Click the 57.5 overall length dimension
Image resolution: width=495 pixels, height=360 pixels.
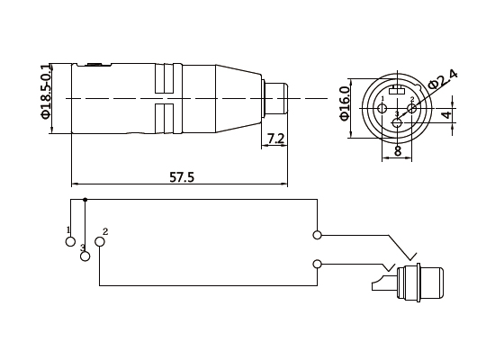(x=182, y=177)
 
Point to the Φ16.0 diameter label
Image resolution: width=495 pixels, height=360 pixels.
(x=345, y=102)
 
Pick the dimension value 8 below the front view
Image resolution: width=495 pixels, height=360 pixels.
(x=397, y=152)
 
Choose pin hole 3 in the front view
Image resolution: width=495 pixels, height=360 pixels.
(x=397, y=121)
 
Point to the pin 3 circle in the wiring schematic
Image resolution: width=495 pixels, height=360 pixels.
(x=85, y=256)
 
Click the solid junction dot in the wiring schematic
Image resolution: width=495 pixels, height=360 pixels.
(x=85, y=198)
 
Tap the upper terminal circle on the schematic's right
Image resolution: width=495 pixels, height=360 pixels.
(x=317, y=236)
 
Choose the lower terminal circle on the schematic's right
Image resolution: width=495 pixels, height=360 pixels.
(x=317, y=264)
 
